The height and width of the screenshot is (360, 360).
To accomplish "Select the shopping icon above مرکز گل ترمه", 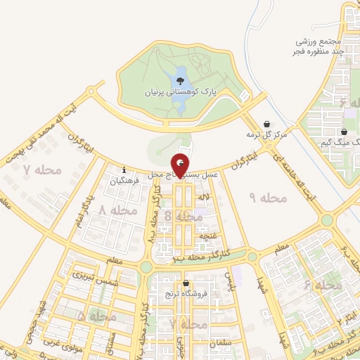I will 266,122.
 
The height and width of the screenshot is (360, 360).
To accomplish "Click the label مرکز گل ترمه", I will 268,134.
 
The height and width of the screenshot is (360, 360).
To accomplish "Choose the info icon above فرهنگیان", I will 124,169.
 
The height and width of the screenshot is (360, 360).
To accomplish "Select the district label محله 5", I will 98,317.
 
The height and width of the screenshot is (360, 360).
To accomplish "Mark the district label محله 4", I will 323,285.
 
